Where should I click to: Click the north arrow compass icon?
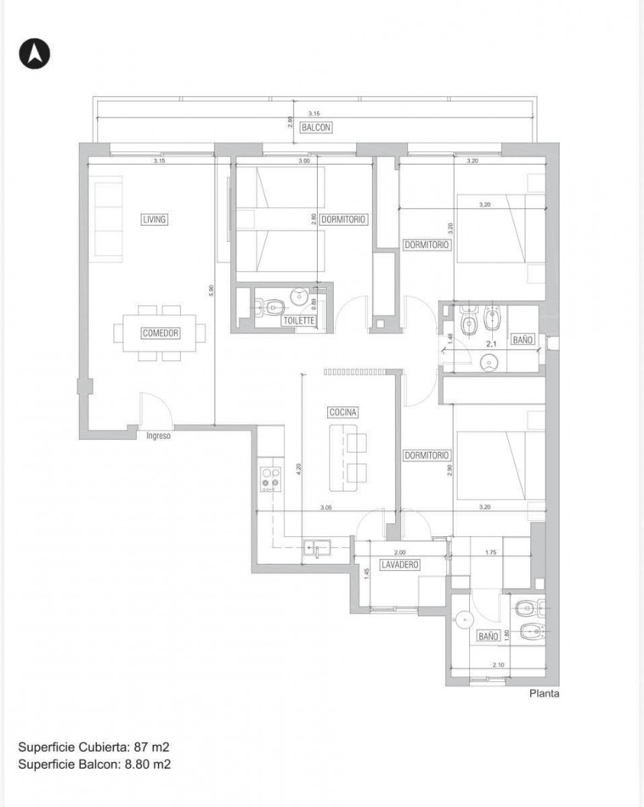click(x=35, y=54)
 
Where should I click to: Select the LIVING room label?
click(x=154, y=219)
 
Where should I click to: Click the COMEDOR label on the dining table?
click(x=160, y=334)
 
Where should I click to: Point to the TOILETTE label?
click(x=299, y=321)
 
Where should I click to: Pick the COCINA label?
click(x=344, y=412)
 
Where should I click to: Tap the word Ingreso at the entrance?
click(x=158, y=437)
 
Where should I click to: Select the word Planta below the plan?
click(x=544, y=693)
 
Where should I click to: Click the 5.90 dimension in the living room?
click(x=211, y=290)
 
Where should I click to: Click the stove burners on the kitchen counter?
click(x=271, y=478)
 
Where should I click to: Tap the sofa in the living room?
click(x=108, y=218)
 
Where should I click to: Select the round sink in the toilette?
click(x=299, y=296)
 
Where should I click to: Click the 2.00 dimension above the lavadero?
click(x=400, y=552)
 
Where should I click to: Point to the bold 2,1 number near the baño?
click(x=490, y=345)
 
